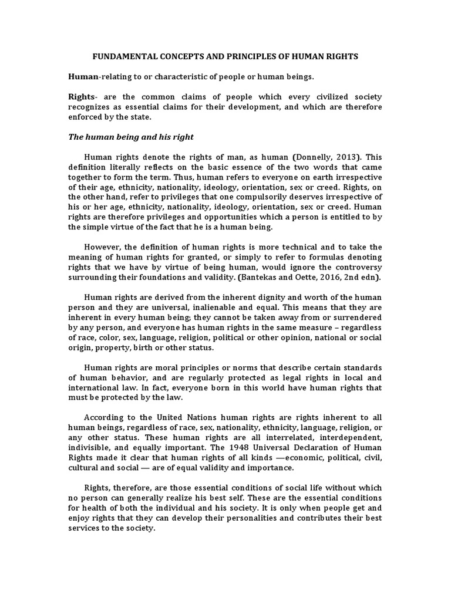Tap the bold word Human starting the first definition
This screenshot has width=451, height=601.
tap(83, 77)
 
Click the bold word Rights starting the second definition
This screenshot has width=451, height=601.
tap(82, 97)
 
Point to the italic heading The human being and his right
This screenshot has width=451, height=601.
tap(131, 137)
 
